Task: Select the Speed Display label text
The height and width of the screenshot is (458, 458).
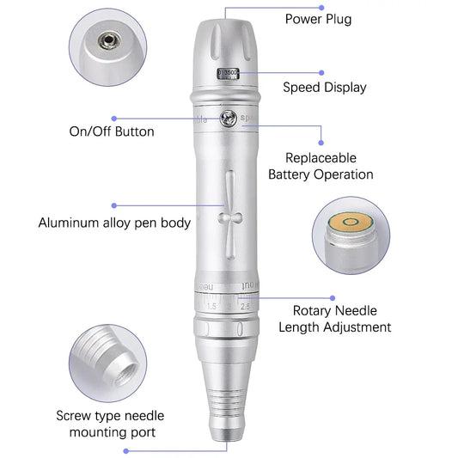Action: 325,87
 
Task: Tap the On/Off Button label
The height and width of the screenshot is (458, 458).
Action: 112,131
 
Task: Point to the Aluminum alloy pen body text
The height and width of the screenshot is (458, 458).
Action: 113,223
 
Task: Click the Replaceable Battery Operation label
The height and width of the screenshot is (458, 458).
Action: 321,167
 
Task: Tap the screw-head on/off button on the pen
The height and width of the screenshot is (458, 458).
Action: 228,119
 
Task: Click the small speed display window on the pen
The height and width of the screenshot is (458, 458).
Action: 228,75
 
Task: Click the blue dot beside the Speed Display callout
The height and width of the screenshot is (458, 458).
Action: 321,73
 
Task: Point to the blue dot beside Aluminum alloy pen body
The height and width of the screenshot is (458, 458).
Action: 114,205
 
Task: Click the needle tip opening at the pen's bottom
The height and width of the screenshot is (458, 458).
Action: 228,442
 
